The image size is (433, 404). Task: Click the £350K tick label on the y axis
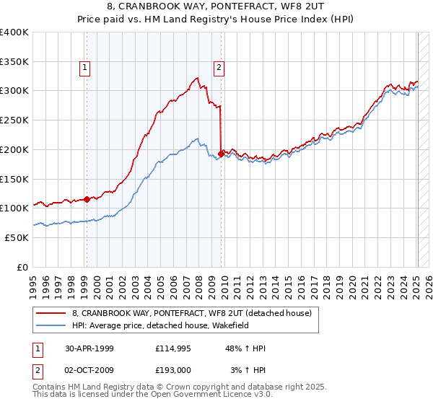14,61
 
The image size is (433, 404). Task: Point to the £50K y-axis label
17,237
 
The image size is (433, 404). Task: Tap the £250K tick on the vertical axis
14,120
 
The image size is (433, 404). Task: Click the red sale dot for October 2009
220,153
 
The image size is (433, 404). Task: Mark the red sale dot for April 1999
87,199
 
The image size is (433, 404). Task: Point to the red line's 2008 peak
196,78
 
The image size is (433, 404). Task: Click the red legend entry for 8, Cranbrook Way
191,313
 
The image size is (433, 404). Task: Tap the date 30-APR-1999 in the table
89,348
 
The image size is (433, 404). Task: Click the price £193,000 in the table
173,370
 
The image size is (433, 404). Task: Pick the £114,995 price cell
173,348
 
